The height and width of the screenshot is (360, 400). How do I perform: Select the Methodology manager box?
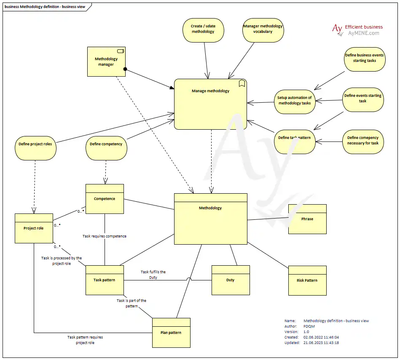[x=106, y=61]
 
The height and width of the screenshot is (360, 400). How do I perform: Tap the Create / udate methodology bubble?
[x=203, y=29]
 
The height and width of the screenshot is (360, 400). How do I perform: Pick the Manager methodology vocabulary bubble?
[x=263, y=29]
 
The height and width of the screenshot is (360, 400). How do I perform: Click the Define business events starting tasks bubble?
[x=364, y=58]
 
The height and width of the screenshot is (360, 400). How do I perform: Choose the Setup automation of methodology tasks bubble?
[x=295, y=101]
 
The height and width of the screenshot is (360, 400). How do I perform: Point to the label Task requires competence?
[x=105, y=236]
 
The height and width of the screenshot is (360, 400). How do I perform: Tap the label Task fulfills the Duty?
[x=153, y=275]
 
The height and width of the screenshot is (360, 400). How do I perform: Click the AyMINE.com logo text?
[x=363, y=33]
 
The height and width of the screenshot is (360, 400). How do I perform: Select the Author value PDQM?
[x=309, y=326]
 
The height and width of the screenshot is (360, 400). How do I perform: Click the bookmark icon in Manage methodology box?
[x=242, y=83]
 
